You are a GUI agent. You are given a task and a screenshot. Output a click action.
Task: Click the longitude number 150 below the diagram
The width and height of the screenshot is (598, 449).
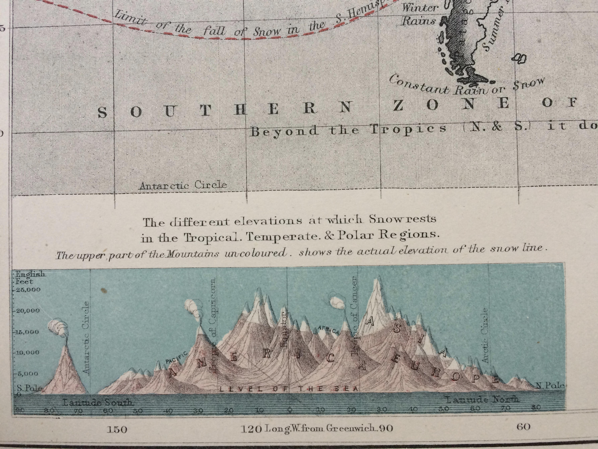(117, 429)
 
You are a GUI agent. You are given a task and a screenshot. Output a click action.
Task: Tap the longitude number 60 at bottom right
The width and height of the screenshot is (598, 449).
(523, 427)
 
